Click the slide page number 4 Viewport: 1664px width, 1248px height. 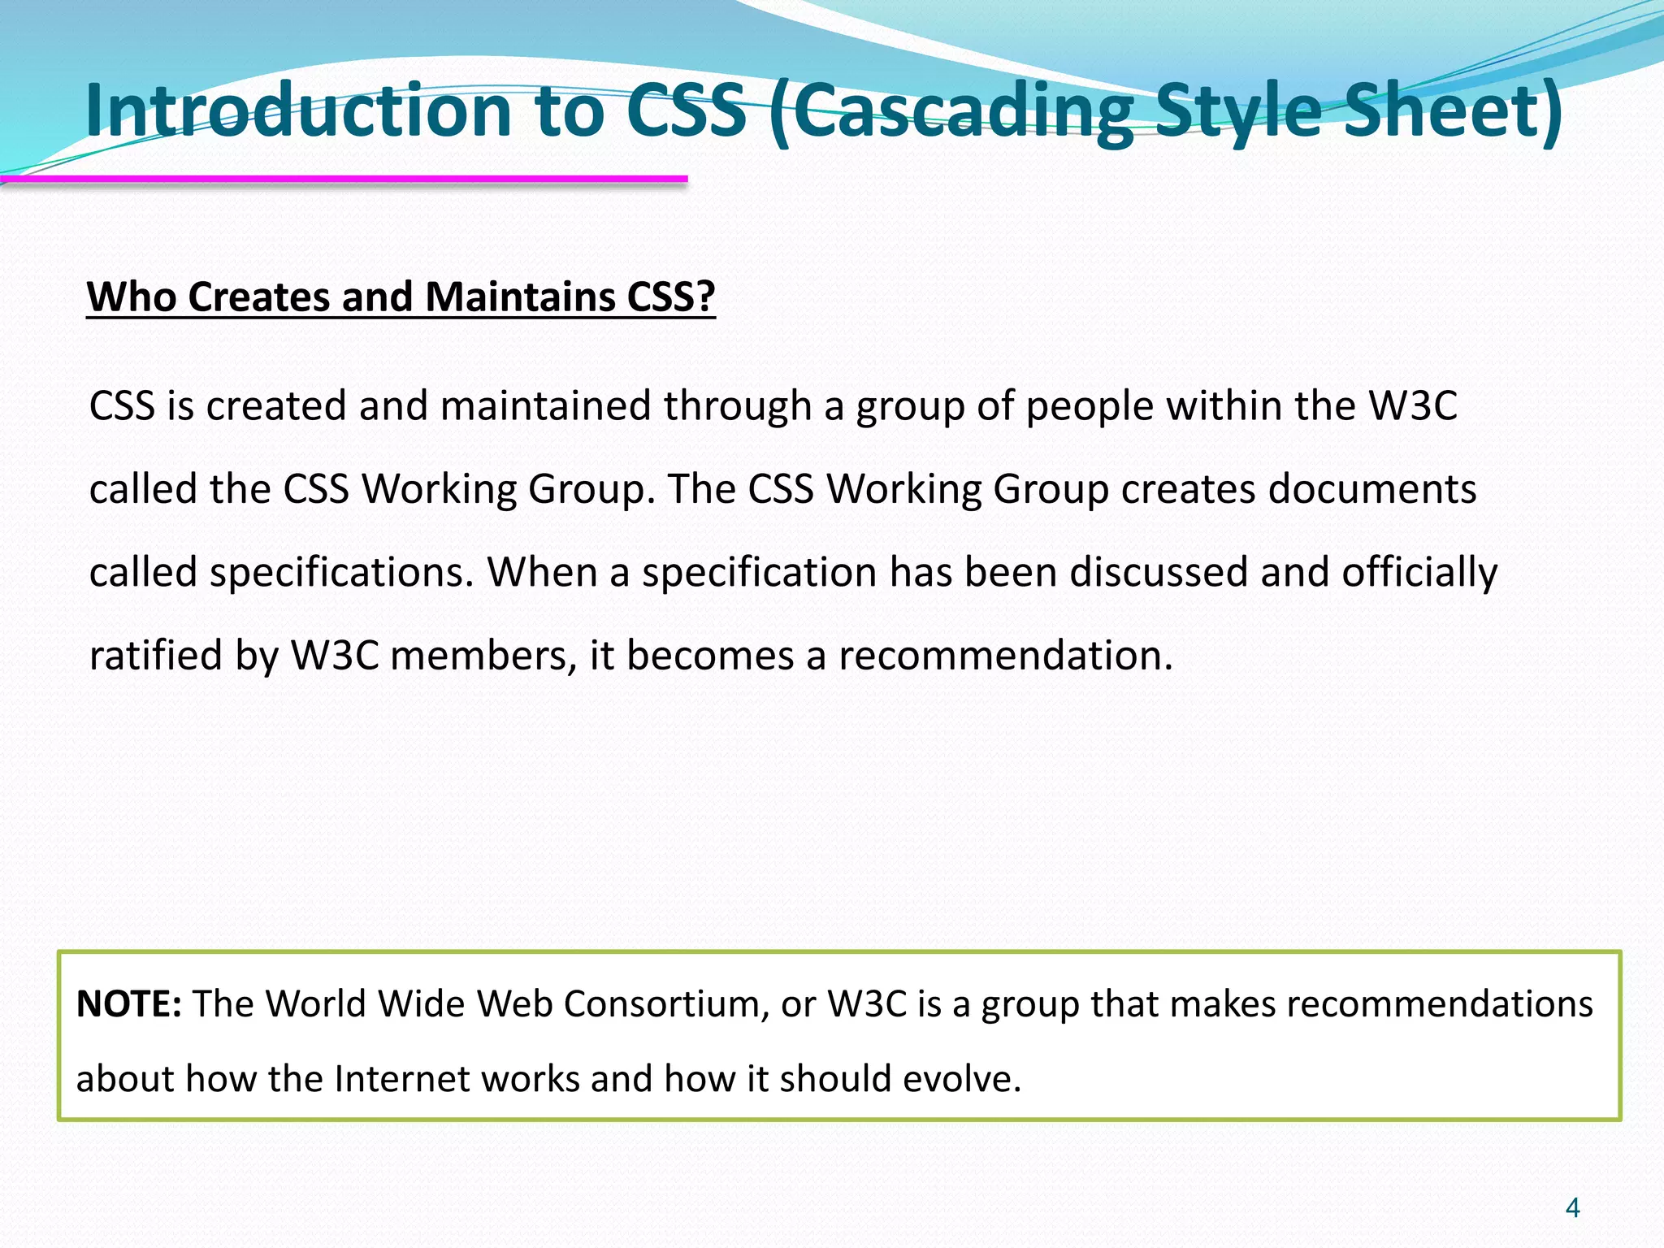point(1572,1208)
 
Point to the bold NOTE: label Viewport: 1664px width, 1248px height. point(128,1004)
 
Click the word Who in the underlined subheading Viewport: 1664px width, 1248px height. point(131,297)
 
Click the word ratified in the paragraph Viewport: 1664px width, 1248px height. point(155,655)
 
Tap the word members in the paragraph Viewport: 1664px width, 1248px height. point(483,655)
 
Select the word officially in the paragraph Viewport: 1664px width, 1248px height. point(1419,572)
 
